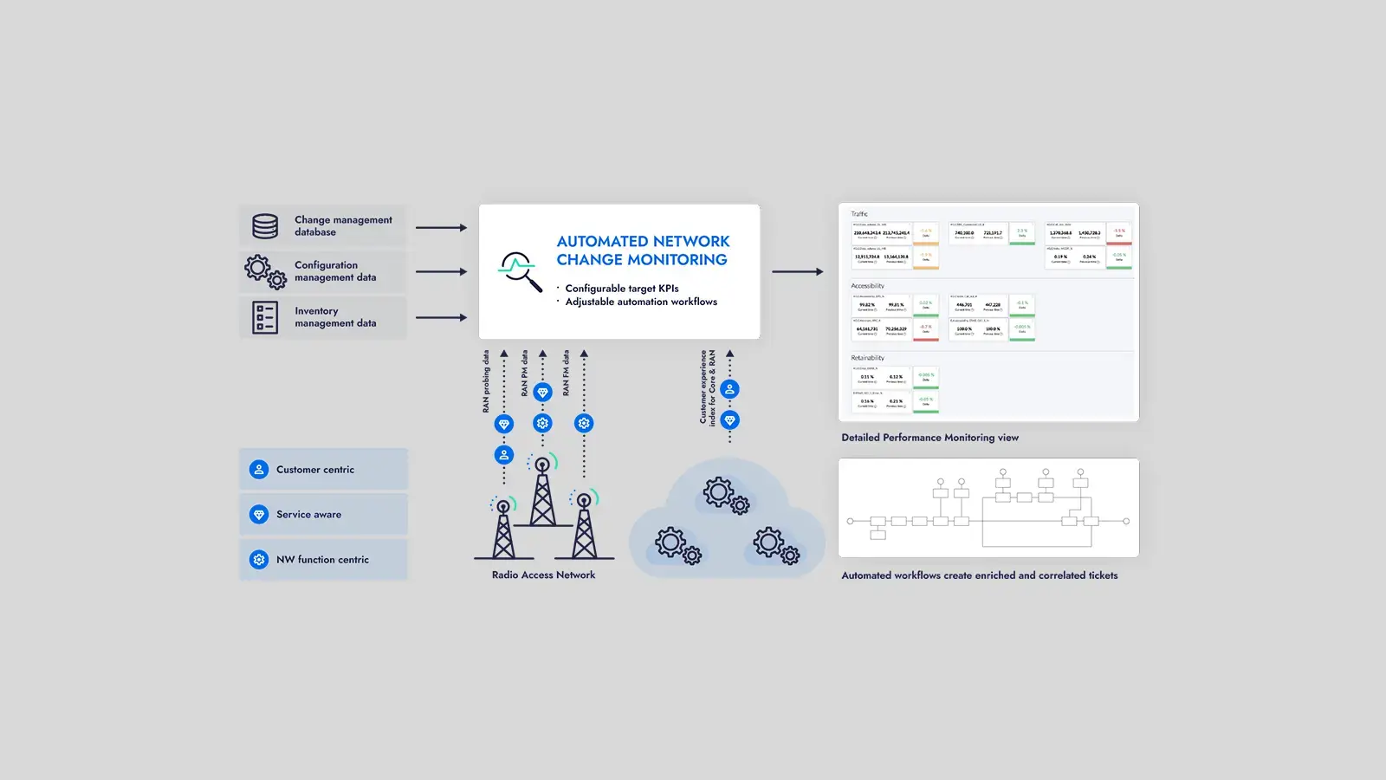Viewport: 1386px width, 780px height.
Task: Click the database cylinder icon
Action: [x=265, y=226]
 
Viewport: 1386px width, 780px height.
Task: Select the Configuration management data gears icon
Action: [x=265, y=271]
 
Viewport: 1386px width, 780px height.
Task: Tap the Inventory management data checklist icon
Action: [x=265, y=317]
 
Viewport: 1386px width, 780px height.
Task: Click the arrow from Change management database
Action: [x=441, y=227]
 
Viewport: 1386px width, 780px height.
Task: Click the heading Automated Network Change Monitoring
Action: [x=643, y=250]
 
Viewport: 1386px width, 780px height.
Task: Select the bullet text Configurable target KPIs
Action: [x=621, y=289]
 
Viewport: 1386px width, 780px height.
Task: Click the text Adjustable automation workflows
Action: [x=641, y=302]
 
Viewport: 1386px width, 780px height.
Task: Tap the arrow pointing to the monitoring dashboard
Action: [x=797, y=271]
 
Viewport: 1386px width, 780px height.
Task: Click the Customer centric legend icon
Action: [x=258, y=469]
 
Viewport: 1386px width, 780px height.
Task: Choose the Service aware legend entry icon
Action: [x=258, y=514]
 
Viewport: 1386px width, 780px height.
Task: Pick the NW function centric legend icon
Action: [x=258, y=559]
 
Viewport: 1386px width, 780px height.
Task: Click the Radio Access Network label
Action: [x=543, y=575]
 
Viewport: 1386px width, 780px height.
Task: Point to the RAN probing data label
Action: [x=486, y=381]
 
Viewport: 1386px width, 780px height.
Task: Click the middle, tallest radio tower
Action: [x=542, y=494]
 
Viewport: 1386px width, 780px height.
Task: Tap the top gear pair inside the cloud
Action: [x=726, y=495]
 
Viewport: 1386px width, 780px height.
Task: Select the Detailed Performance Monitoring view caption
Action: [x=929, y=438]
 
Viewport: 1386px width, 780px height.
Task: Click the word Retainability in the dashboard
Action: [x=867, y=358]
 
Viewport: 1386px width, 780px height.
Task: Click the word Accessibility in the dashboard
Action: [x=867, y=286]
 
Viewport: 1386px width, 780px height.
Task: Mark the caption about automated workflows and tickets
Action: [x=979, y=575]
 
